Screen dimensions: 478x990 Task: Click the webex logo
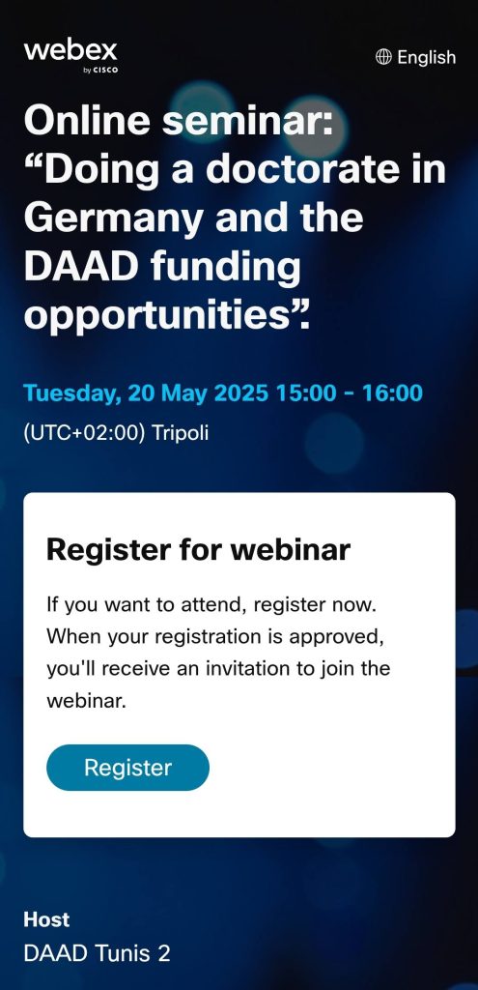[70, 56]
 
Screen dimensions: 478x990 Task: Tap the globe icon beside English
[382, 57]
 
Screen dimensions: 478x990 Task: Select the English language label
[426, 57]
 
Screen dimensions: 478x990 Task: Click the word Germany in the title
[114, 218]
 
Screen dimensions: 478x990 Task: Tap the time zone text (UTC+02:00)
[85, 433]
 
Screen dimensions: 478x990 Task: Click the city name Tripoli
[181, 434]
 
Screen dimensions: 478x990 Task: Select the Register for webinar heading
[198, 549]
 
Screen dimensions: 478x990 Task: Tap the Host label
[46, 919]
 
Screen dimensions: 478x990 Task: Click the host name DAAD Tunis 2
[98, 953]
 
